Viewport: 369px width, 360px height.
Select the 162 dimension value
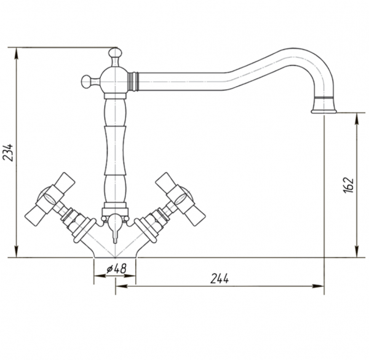click(x=349, y=185)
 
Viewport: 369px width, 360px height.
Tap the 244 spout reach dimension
click(x=220, y=279)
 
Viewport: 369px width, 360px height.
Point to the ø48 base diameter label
click(x=116, y=268)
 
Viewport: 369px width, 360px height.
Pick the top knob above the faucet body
click(x=116, y=55)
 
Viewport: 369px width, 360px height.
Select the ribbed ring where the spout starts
click(x=133, y=81)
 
